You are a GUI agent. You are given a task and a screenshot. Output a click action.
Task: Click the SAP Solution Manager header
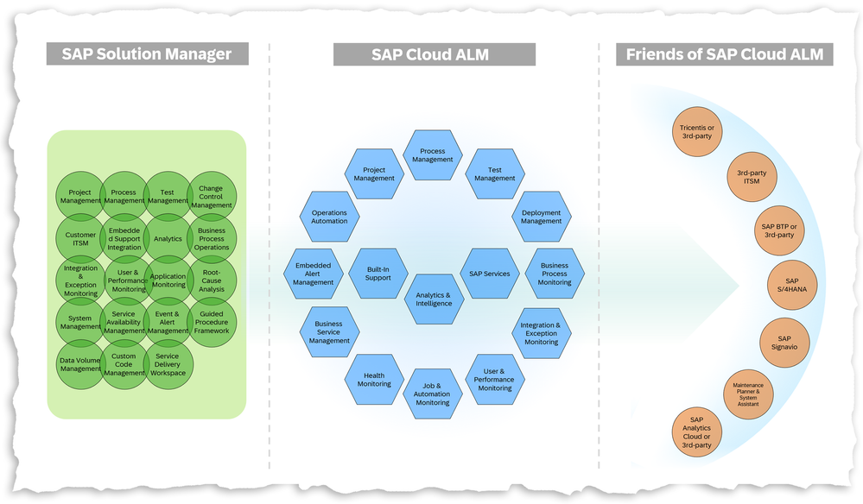pyautogui.click(x=147, y=54)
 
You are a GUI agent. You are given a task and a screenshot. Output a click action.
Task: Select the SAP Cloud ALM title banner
pyautogui.click(x=429, y=54)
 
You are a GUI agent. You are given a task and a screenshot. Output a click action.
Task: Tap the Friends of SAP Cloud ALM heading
pyautogui.click(x=724, y=54)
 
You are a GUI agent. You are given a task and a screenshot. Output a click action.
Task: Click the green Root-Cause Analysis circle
pyautogui.click(x=212, y=280)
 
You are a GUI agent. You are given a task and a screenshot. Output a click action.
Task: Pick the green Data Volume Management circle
pyautogui.click(x=80, y=364)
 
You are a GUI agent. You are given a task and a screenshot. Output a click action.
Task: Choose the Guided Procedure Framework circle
pyautogui.click(x=212, y=323)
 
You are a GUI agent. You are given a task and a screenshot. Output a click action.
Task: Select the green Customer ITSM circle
pyautogui.click(x=80, y=239)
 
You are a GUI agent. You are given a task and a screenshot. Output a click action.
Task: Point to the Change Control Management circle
pyautogui.click(x=212, y=197)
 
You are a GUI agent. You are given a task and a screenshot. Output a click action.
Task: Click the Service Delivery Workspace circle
pyautogui.click(x=168, y=364)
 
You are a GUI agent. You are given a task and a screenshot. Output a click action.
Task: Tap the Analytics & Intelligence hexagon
pyautogui.click(x=433, y=299)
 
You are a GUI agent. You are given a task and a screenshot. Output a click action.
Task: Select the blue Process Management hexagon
pyautogui.click(x=433, y=155)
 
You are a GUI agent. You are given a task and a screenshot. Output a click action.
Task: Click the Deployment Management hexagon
pyautogui.click(x=542, y=217)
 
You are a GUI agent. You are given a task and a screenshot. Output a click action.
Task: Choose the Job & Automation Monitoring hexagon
pyautogui.click(x=433, y=394)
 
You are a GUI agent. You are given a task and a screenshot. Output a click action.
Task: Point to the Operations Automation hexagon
pyautogui.click(x=329, y=217)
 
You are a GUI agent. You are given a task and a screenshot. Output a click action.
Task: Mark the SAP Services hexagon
pyautogui.click(x=490, y=274)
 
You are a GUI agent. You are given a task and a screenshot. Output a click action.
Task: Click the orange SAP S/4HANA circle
pyautogui.click(x=793, y=286)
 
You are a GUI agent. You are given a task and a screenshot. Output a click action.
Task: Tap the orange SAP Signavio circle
pyautogui.click(x=784, y=343)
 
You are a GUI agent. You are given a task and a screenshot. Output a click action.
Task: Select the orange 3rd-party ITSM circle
pyautogui.click(x=752, y=177)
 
